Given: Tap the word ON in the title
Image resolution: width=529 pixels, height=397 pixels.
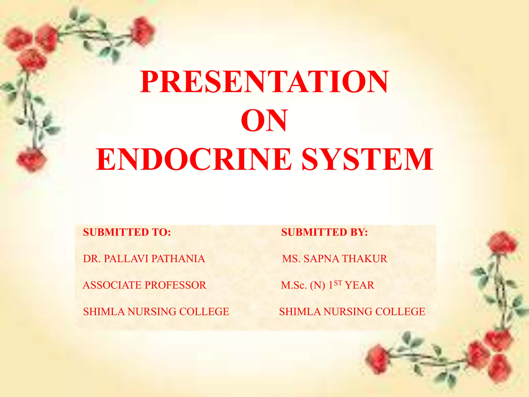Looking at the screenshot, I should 264,120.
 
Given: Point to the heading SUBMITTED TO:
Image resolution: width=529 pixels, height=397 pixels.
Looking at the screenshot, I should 127,232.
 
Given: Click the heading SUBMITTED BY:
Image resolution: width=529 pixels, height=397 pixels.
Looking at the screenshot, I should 324,232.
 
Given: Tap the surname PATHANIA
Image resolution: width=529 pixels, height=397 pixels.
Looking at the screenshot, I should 178,259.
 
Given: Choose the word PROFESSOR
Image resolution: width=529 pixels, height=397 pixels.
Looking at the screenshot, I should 175,285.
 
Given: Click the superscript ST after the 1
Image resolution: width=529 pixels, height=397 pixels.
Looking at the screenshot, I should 338,283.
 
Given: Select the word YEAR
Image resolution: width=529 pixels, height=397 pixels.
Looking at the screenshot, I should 360,285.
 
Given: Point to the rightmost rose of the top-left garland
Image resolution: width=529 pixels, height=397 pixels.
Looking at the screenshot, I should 143,31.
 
